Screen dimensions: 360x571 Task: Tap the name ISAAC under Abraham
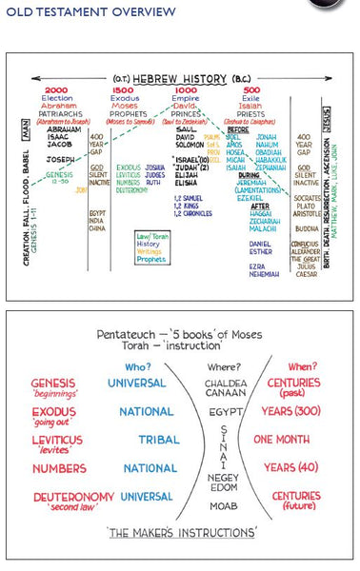tap(59, 135)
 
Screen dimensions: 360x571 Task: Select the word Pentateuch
tap(127, 337)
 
